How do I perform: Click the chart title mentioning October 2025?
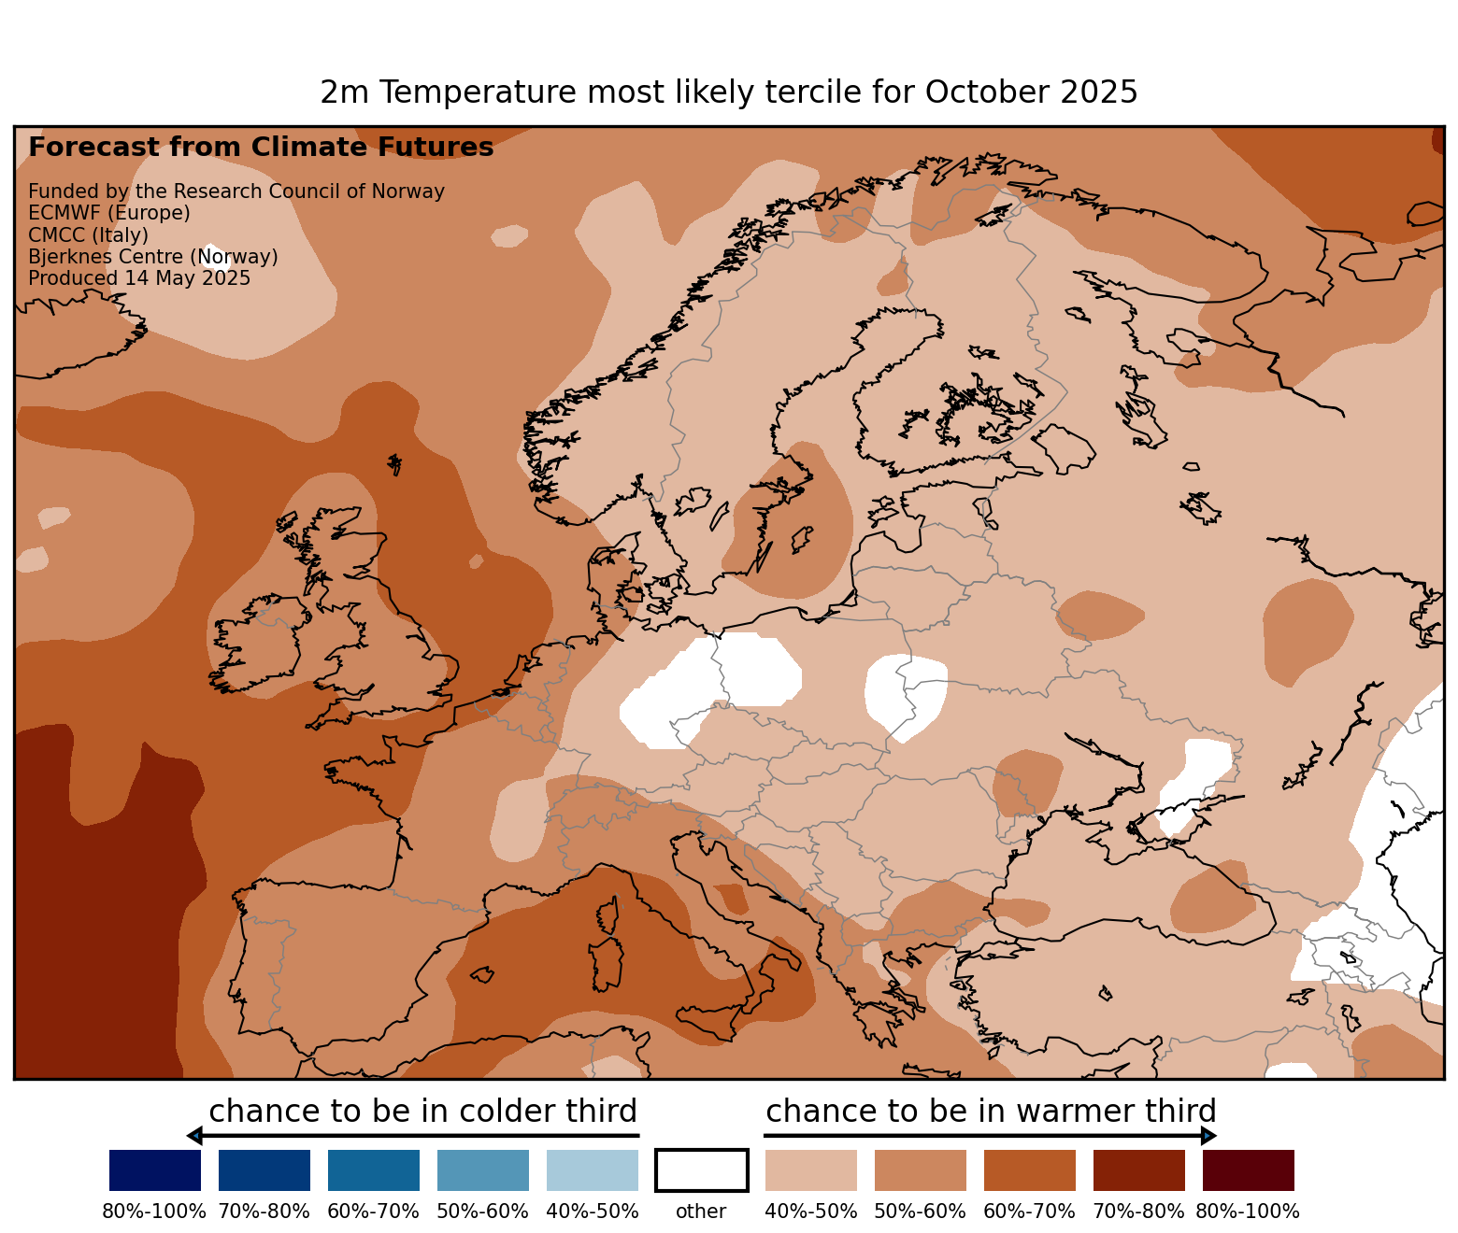click(x=728, y=92)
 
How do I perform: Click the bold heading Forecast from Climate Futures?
click(x=261, y=148)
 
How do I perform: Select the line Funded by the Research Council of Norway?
click(x=236, y=191)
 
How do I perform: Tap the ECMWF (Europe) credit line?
click(x=109, y=213)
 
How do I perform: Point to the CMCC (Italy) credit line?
click(x=88, y=235)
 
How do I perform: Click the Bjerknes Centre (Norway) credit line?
click(x=153, y=257)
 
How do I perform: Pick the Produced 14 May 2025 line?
click(x=139, y=278)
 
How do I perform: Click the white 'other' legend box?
click(x=701, y=1170)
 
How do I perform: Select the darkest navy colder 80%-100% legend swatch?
click(x=155, y=1170)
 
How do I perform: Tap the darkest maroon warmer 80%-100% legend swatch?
click(x=1248, y=1170)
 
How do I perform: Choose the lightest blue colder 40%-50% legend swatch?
click(x=593, y=1170)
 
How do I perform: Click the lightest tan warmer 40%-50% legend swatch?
click(x=810, y=1170)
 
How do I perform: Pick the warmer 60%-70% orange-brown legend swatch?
click(x=1029, y=1170)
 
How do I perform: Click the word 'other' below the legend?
click(x=701, y=1212)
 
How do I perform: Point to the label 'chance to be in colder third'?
click(x=422, y=1112)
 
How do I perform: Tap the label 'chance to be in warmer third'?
click(x=991, y=1112)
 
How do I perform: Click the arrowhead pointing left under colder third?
click(x=194, y=1136)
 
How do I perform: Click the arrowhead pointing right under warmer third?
click(x=1208, y=1136)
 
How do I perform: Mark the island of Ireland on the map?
click(x=257, y=645)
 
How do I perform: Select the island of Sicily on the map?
click(x=715, y=1018)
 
